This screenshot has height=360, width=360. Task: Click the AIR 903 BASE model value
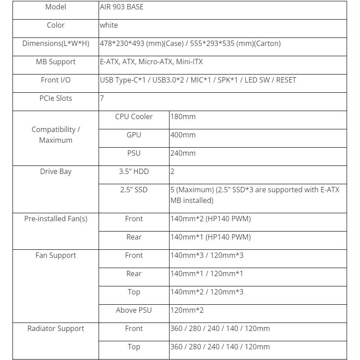[x=122, y=7]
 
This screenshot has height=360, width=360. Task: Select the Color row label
[x=56, y=25]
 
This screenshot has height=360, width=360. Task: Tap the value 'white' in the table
[x=109, y=25]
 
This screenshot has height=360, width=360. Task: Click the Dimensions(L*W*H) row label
[x=56, y=44]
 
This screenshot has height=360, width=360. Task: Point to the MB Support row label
[x=56, y=62]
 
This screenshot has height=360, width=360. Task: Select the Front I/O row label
[x=56, y=80]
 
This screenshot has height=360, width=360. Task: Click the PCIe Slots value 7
[x=102, y=99]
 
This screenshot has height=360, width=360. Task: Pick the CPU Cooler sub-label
[x=134, y=117]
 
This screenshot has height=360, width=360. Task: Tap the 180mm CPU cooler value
[x=183, y=117]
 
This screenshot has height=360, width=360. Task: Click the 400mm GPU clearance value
[x=183, y=135]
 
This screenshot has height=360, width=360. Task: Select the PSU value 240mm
[x=183, y=153]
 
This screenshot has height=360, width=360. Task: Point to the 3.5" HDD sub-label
[x=134, y=172]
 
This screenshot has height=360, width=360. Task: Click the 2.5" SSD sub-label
[x=134, y=190]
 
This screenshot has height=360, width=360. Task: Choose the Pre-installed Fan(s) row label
[x=56, y=219]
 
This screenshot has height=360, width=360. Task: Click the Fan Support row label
[x=56, y=256]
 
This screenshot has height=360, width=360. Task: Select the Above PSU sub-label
[x=134, y=310]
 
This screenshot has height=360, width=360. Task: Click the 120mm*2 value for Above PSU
[x=187, y=310]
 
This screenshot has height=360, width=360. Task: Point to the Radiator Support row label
[x=56, y=329]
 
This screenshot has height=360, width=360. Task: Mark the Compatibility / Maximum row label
[x=56, y=135]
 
